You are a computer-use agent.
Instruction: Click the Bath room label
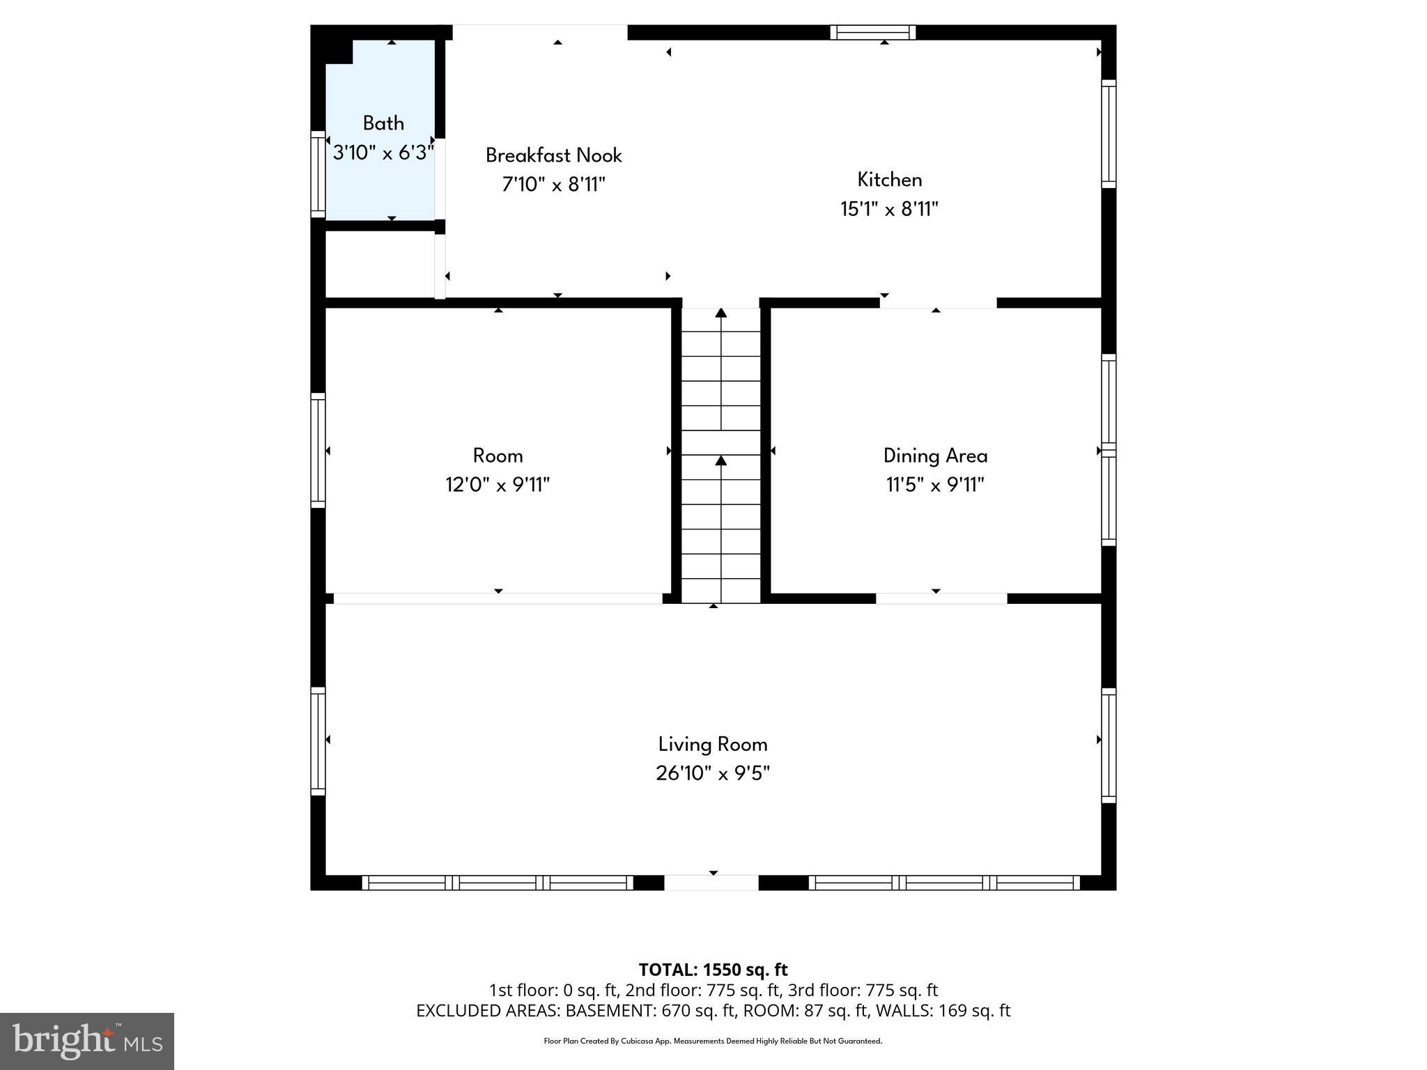point(383,123)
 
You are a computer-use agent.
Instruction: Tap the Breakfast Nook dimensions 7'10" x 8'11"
point(553,185)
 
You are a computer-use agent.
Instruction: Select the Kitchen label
point(889,180)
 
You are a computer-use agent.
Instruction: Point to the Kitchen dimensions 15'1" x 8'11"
point(889,209)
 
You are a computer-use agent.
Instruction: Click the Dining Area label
point(935,456)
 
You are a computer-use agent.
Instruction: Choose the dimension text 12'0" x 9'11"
point(497,485)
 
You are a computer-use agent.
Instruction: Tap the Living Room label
point(712,744)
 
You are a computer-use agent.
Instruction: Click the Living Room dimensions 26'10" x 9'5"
point(712,773)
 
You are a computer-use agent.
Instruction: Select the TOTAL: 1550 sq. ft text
point(713,970)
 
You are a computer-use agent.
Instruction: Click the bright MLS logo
point(87,1041)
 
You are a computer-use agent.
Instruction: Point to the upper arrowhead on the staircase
point(720,313)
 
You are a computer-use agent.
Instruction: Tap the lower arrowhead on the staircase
point(720,460)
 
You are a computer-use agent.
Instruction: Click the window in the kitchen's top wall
point(872,32)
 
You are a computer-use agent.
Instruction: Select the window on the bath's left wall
point(318,174)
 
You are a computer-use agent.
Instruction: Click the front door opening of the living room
point(711,883)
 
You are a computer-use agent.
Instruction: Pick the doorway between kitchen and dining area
point(938,303)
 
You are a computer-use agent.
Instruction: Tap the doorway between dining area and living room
point(941,598)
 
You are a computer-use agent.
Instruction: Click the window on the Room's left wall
point(318,450)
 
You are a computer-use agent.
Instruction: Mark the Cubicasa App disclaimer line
point(713,1041)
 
